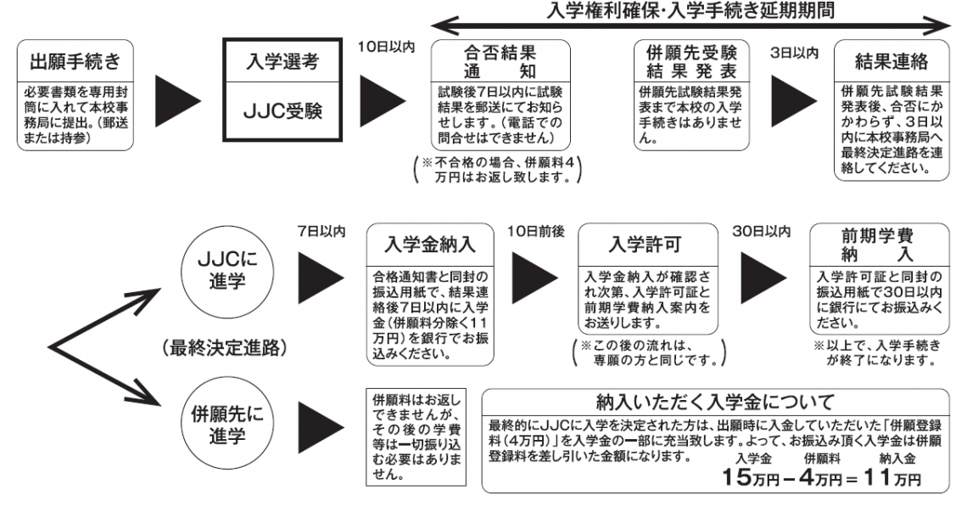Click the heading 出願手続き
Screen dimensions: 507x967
click(x=75, y=62)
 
